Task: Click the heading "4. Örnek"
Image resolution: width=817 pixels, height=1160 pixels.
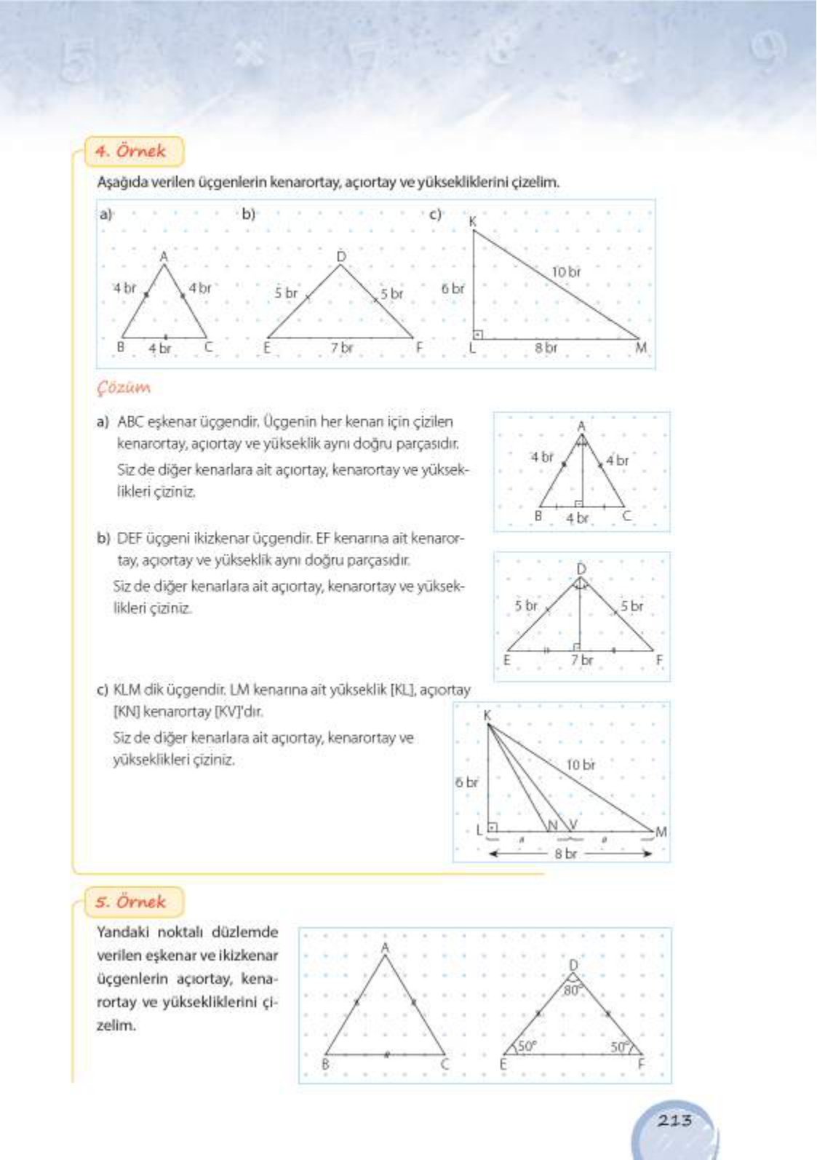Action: point(131,151)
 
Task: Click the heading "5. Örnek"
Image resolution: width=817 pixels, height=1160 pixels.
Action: point(131,902)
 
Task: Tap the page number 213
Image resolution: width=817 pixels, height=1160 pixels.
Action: point(674,1120)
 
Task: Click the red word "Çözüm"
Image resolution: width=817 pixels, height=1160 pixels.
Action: point(124,388)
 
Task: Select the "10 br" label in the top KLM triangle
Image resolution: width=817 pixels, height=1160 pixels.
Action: point(566,271)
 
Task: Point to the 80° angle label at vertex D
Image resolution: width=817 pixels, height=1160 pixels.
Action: point(573,990)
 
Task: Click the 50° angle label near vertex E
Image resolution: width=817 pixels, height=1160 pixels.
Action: point(527,1046)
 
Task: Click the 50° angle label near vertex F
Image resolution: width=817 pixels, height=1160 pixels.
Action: point(618,1046)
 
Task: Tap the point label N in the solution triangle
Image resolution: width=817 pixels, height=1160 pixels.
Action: point(552,825)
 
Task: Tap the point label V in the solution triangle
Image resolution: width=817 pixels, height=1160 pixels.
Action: point(573,824)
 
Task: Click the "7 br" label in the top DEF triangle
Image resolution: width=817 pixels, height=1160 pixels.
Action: point(341,348)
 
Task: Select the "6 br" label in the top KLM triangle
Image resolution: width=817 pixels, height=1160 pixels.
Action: point(453,288)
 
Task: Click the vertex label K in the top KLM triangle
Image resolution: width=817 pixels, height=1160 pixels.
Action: point(473,221)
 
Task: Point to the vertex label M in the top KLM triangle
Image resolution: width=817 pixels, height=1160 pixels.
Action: point(641,348)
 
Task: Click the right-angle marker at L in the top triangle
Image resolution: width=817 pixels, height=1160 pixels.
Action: point(478,334)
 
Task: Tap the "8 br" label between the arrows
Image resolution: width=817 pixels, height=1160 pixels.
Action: point(565,853)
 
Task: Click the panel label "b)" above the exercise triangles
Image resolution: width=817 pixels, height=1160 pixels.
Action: point(249,214)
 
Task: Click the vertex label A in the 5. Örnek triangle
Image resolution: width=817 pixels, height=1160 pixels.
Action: point(385,948)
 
